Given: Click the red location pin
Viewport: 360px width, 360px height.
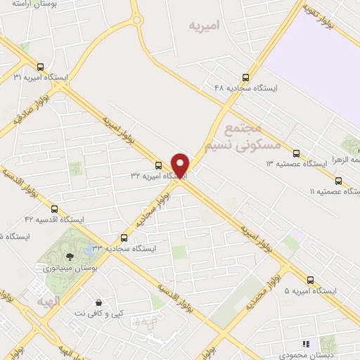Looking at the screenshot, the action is pos(181,165).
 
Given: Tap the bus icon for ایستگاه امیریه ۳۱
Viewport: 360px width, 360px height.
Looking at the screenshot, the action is pos(39,67).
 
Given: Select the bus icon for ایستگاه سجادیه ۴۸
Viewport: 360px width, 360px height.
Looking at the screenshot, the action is pos(245,77).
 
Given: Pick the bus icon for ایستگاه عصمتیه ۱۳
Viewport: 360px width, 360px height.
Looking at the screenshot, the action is pos(296,153).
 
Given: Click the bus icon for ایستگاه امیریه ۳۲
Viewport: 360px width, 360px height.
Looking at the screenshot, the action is pos(158,166).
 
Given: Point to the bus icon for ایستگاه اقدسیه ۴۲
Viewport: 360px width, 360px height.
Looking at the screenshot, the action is pos(54,209).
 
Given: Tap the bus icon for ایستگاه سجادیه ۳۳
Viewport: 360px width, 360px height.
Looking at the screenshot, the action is pos(124,238).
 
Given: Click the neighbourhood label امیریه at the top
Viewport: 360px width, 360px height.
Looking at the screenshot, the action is pos(205,25).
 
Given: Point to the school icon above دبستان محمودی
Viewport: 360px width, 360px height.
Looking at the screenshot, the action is pos(305,345).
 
